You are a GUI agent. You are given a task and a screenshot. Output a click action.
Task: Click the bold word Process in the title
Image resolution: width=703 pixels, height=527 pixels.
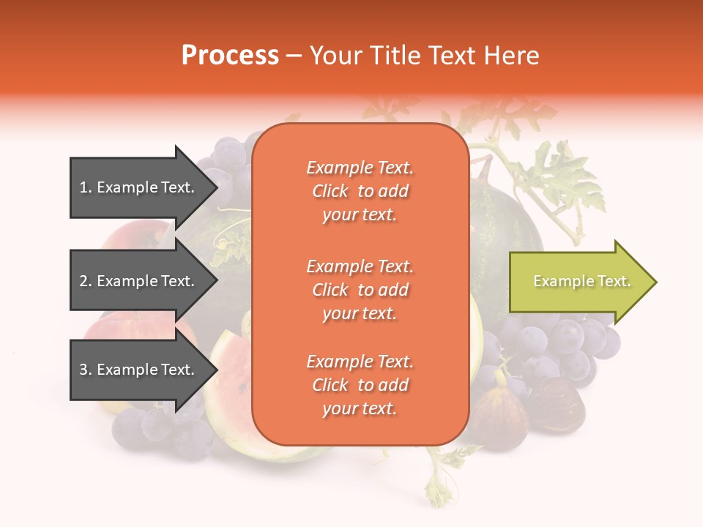coord(230,56)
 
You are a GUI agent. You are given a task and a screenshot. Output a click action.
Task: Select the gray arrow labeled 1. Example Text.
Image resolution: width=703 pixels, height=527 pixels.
coord(139,187)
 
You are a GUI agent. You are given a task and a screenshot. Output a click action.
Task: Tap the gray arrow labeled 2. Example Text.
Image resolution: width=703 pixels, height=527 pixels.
coord(139,281)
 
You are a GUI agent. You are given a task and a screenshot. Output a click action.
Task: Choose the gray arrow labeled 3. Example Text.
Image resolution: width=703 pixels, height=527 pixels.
coord(139,370)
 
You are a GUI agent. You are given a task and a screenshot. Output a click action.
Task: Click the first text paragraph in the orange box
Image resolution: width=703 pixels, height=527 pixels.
coord(360,191)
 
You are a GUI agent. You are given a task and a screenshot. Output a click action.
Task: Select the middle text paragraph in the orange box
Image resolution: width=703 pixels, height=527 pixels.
coord(360,290)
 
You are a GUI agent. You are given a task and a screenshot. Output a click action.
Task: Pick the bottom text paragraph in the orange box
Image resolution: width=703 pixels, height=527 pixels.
coord(360,385)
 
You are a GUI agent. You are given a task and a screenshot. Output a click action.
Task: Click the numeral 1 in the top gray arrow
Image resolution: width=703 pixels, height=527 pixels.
coord(83,187)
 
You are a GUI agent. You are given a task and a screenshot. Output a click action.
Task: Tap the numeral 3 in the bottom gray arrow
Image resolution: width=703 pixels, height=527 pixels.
coord(83,370)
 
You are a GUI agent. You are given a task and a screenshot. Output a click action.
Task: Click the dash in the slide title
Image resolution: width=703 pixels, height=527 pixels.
coord(294,56)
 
